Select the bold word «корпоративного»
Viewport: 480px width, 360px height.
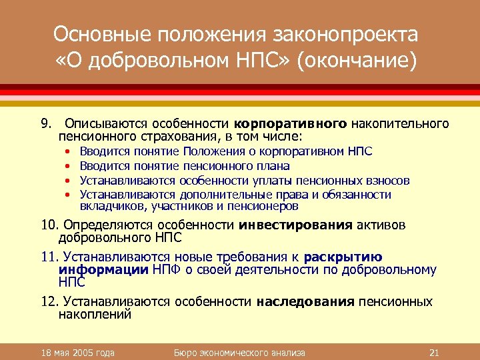[290, 124]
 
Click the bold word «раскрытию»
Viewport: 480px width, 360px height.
[343, 257]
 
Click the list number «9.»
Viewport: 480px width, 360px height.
[46, 124]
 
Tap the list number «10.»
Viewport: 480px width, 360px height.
[50, 225]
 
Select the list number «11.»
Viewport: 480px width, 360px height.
[50, 257]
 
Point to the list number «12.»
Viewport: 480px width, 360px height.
[50, 302]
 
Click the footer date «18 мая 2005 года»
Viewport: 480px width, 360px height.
[77, 352]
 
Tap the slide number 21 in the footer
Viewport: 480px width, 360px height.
[433, 352]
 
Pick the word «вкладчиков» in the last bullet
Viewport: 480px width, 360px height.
[107, 206]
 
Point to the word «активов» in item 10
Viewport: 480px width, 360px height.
[380, 225]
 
